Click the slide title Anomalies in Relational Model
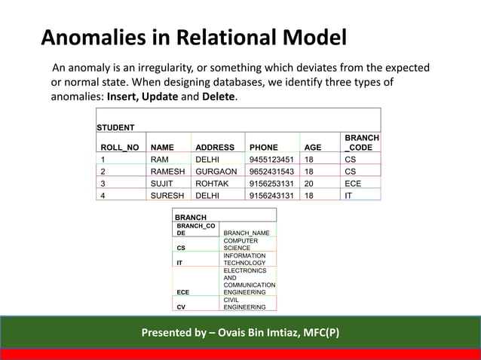point(194,38)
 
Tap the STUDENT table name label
point(116,127)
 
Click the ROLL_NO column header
point(119,148)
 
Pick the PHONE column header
point(263,148)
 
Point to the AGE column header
point(311,148)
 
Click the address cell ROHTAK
point(213,183)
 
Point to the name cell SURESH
point(167,195)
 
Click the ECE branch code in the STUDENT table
point(353,183)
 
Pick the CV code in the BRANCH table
point(181,307)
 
